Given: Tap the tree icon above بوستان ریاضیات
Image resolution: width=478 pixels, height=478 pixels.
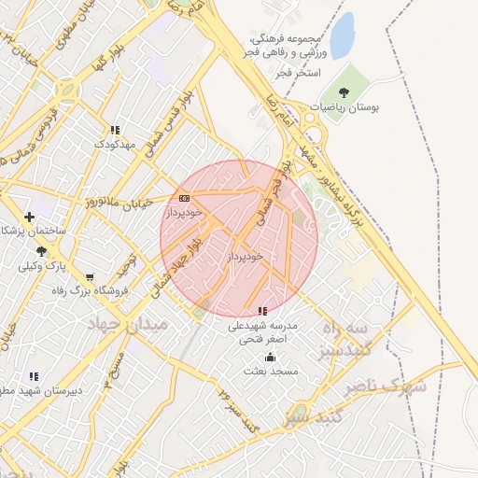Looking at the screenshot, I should point(344,92).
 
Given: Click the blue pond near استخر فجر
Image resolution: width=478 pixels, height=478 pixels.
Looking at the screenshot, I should point(343,35).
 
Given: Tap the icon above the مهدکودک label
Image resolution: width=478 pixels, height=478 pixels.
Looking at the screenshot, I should point(115,131).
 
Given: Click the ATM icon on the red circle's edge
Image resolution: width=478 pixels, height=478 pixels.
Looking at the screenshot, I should point(184,198).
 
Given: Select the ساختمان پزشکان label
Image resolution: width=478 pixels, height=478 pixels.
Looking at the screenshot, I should point(32,230).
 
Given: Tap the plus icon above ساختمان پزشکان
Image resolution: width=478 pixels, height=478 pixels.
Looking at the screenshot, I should point(30,217).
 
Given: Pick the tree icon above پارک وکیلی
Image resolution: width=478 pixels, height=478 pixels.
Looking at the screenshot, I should point(41,251).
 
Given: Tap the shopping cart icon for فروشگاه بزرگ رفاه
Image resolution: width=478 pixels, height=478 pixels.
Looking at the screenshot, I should point(90,276).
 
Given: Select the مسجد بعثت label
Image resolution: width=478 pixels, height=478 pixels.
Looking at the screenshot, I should point(271,371).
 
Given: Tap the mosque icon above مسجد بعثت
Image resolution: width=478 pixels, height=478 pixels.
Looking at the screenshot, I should point(271,357).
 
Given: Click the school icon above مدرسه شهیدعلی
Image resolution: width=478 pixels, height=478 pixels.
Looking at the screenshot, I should point(262,311).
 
